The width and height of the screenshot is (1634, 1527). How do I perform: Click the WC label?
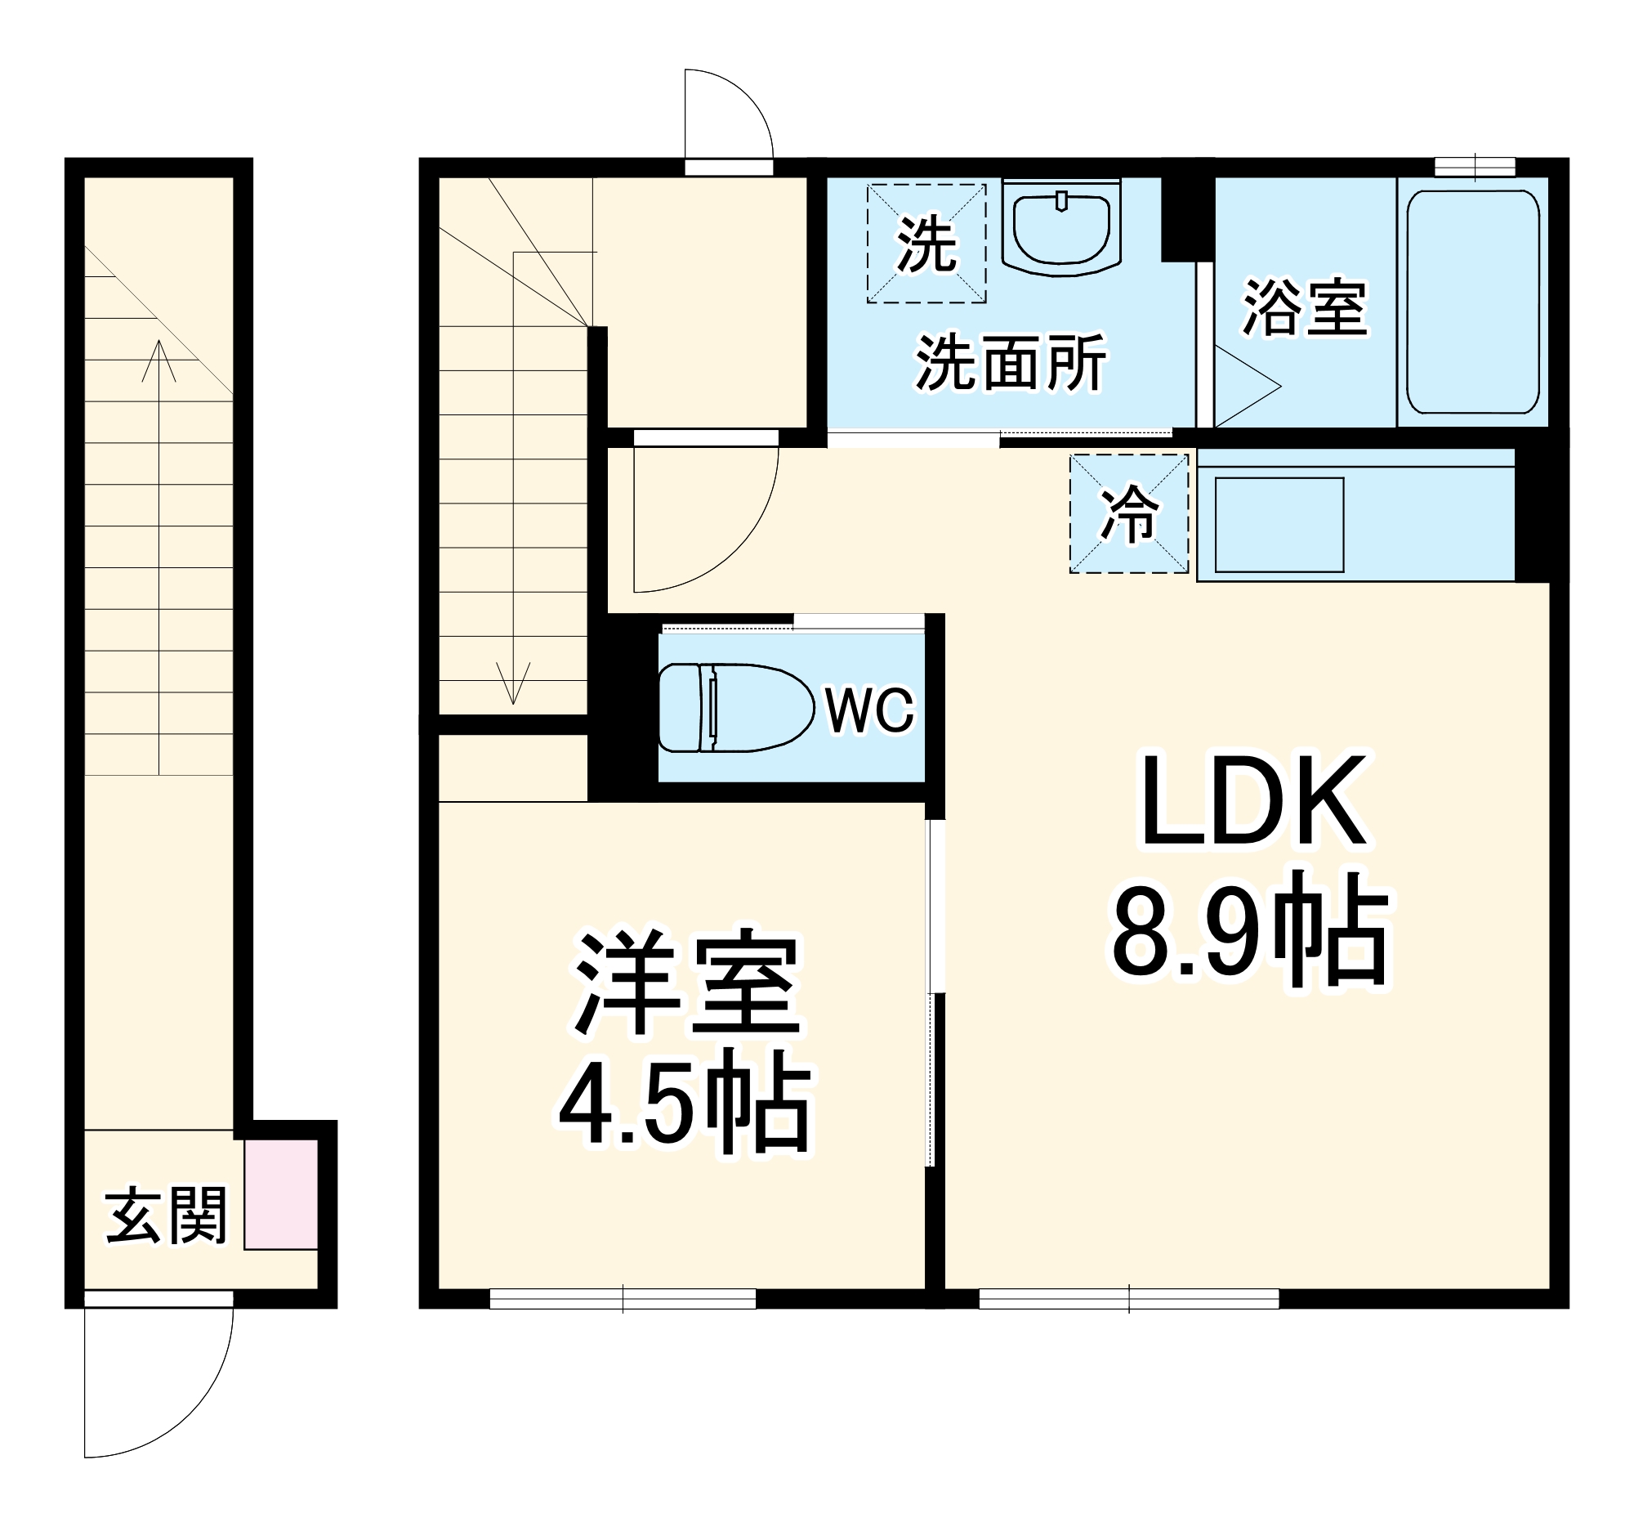click(869, 710)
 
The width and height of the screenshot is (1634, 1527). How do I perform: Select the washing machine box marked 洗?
click(926, 244)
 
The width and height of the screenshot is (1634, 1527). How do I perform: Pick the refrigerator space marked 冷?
click(1128, 514)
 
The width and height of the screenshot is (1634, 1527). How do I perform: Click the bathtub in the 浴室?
click(1472, 302)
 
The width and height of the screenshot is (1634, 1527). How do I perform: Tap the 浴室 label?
click(1305, 308)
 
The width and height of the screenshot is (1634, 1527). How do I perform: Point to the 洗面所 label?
click(1010, 363)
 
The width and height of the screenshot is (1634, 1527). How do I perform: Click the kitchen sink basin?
click(1278, 526)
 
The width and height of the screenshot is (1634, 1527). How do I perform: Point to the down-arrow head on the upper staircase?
click(513, 686)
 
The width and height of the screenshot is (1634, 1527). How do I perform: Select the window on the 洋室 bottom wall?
click(623, 1299)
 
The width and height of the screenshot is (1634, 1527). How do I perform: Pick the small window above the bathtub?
click(1475, 167)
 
